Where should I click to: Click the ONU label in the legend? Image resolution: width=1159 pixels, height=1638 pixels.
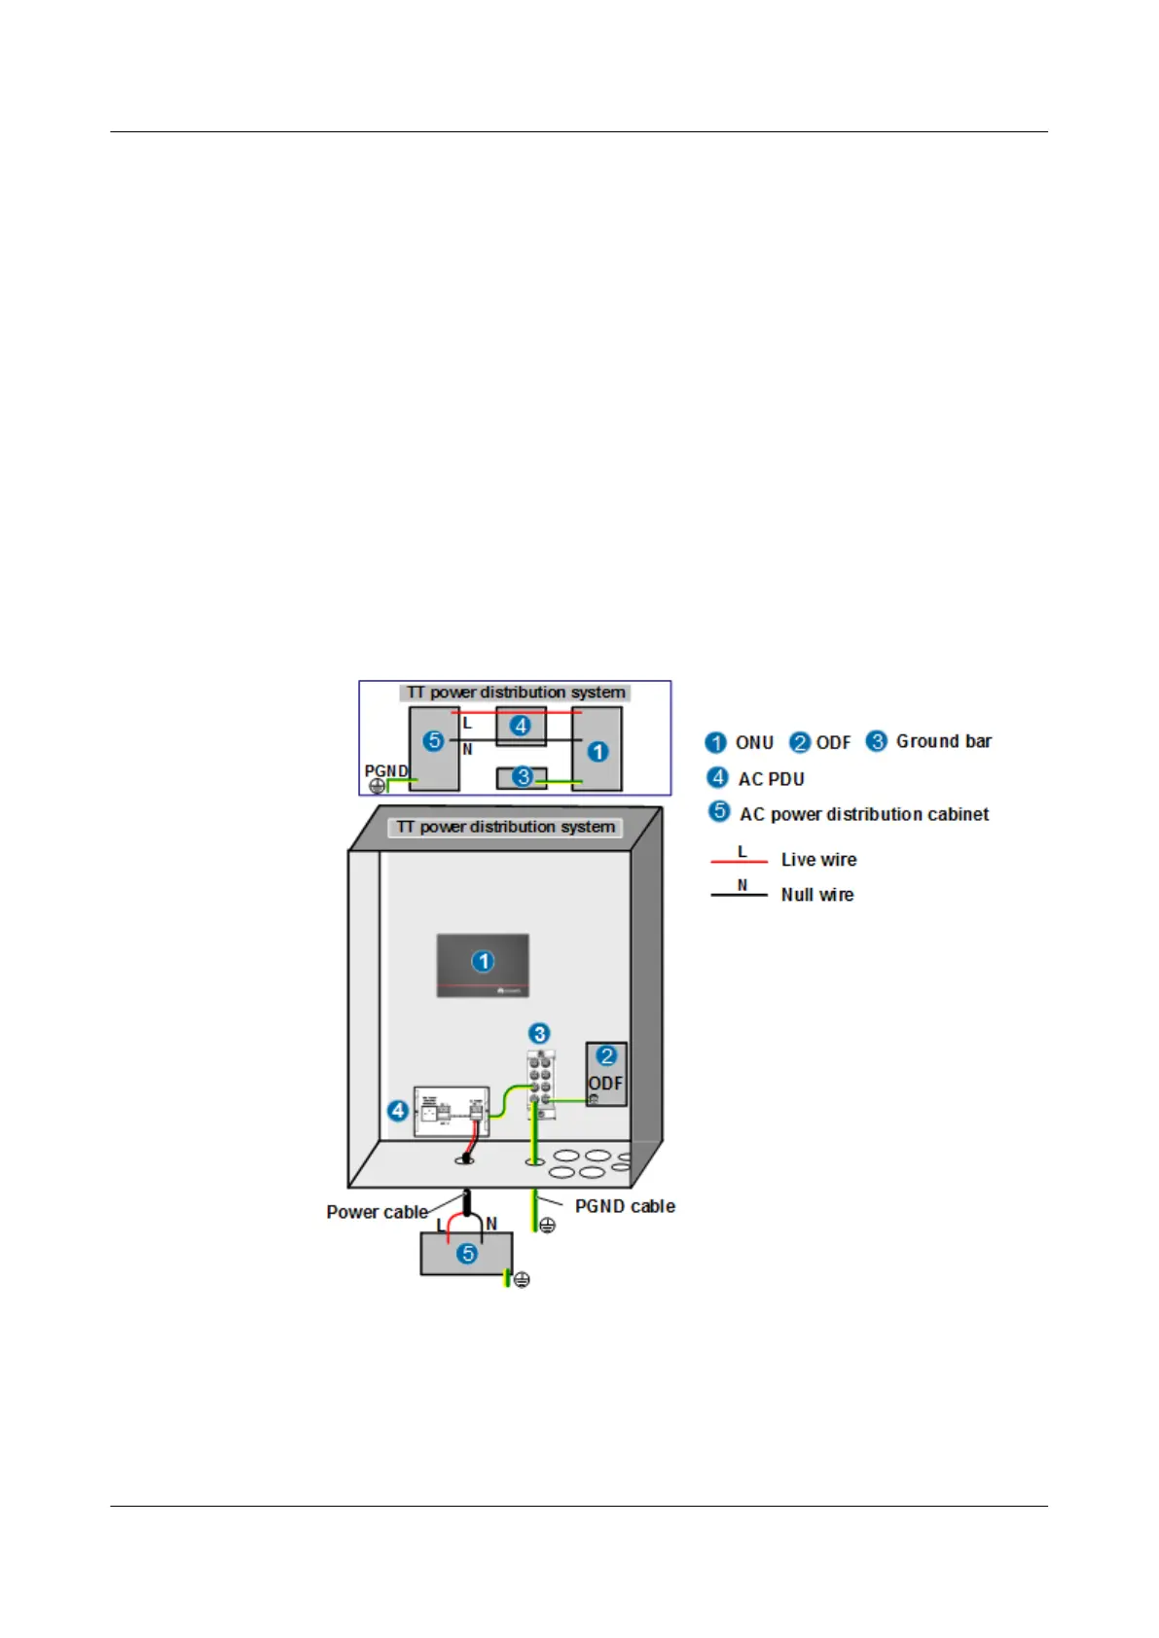click(754, 743)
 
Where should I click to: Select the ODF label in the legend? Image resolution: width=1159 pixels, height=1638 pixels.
click(833, 743)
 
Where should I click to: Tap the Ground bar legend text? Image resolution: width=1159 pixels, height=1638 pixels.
click(943, 741)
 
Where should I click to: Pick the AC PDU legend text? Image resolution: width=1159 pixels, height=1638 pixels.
click(771, 779)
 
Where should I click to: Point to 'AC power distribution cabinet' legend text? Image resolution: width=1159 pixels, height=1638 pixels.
click(864, 814)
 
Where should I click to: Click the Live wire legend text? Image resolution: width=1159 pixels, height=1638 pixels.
click(818, 860)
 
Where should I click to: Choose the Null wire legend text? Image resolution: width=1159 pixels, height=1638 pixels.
click(817, 895)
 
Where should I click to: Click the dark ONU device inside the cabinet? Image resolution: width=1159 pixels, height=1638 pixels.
click(483, 965)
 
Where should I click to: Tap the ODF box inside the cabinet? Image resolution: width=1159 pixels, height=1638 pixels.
click(605, 1074)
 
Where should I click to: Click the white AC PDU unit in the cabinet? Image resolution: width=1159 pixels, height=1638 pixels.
click(452, 1111)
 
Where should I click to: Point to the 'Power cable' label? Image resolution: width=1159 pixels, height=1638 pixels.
click(377, 1212)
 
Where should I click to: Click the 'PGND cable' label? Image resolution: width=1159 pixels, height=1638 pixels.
click(625, 1206)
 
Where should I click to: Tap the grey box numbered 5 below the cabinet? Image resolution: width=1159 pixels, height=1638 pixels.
click(466, 1253)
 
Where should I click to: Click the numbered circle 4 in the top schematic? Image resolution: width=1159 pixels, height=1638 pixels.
click(521, 726)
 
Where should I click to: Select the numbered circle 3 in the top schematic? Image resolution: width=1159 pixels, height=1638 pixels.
click(523, 777)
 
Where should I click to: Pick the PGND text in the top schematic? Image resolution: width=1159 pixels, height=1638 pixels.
click(385, 770)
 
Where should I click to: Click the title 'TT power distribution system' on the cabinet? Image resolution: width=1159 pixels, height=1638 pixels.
click(505, 827)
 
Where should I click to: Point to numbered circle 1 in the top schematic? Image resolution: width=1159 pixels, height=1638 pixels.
click(598, 752)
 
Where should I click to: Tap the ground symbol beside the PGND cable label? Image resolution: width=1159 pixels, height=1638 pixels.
click(548, 1226)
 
